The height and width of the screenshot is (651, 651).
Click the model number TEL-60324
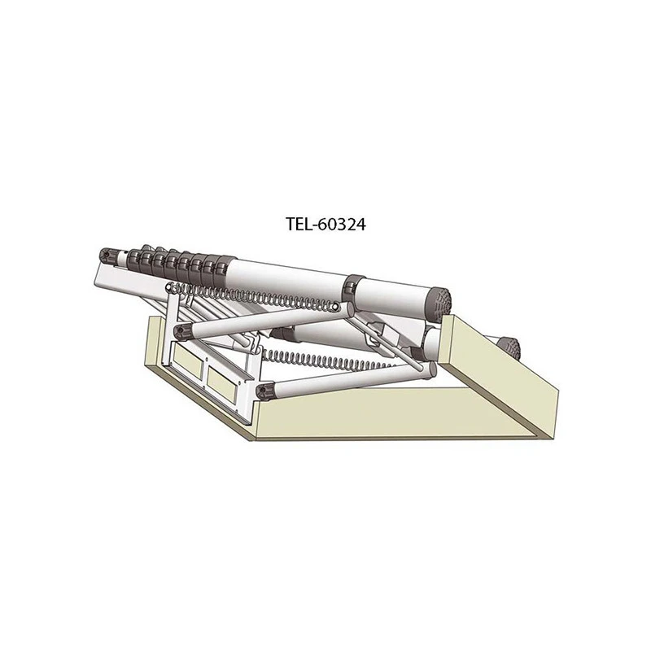325,225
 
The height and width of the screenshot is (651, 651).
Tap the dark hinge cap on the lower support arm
264,391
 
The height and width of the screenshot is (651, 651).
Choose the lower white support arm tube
342,379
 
